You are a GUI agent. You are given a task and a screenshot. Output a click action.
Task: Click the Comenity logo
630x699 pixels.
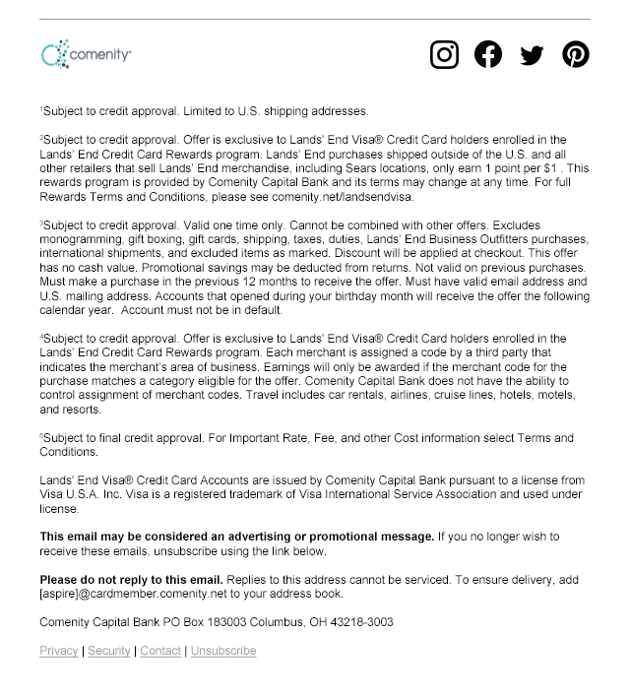[86, 54]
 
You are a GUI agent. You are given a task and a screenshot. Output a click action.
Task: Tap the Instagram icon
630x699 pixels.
[445, 54]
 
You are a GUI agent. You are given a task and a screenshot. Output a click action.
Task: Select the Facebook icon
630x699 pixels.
[488, 54]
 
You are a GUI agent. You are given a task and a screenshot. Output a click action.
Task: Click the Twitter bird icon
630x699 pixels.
[532, 55]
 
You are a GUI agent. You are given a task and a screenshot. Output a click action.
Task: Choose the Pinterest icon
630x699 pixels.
[576, 54]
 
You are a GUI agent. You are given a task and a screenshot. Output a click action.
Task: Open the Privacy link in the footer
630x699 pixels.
[59, 651]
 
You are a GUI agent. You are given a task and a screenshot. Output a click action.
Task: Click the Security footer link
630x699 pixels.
[108, 651]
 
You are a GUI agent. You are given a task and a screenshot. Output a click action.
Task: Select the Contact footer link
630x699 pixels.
[160, 651]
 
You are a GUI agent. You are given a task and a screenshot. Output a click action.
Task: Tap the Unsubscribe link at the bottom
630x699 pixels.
[223, 651]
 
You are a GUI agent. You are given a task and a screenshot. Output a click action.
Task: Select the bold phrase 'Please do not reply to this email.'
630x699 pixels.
[132, 579]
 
